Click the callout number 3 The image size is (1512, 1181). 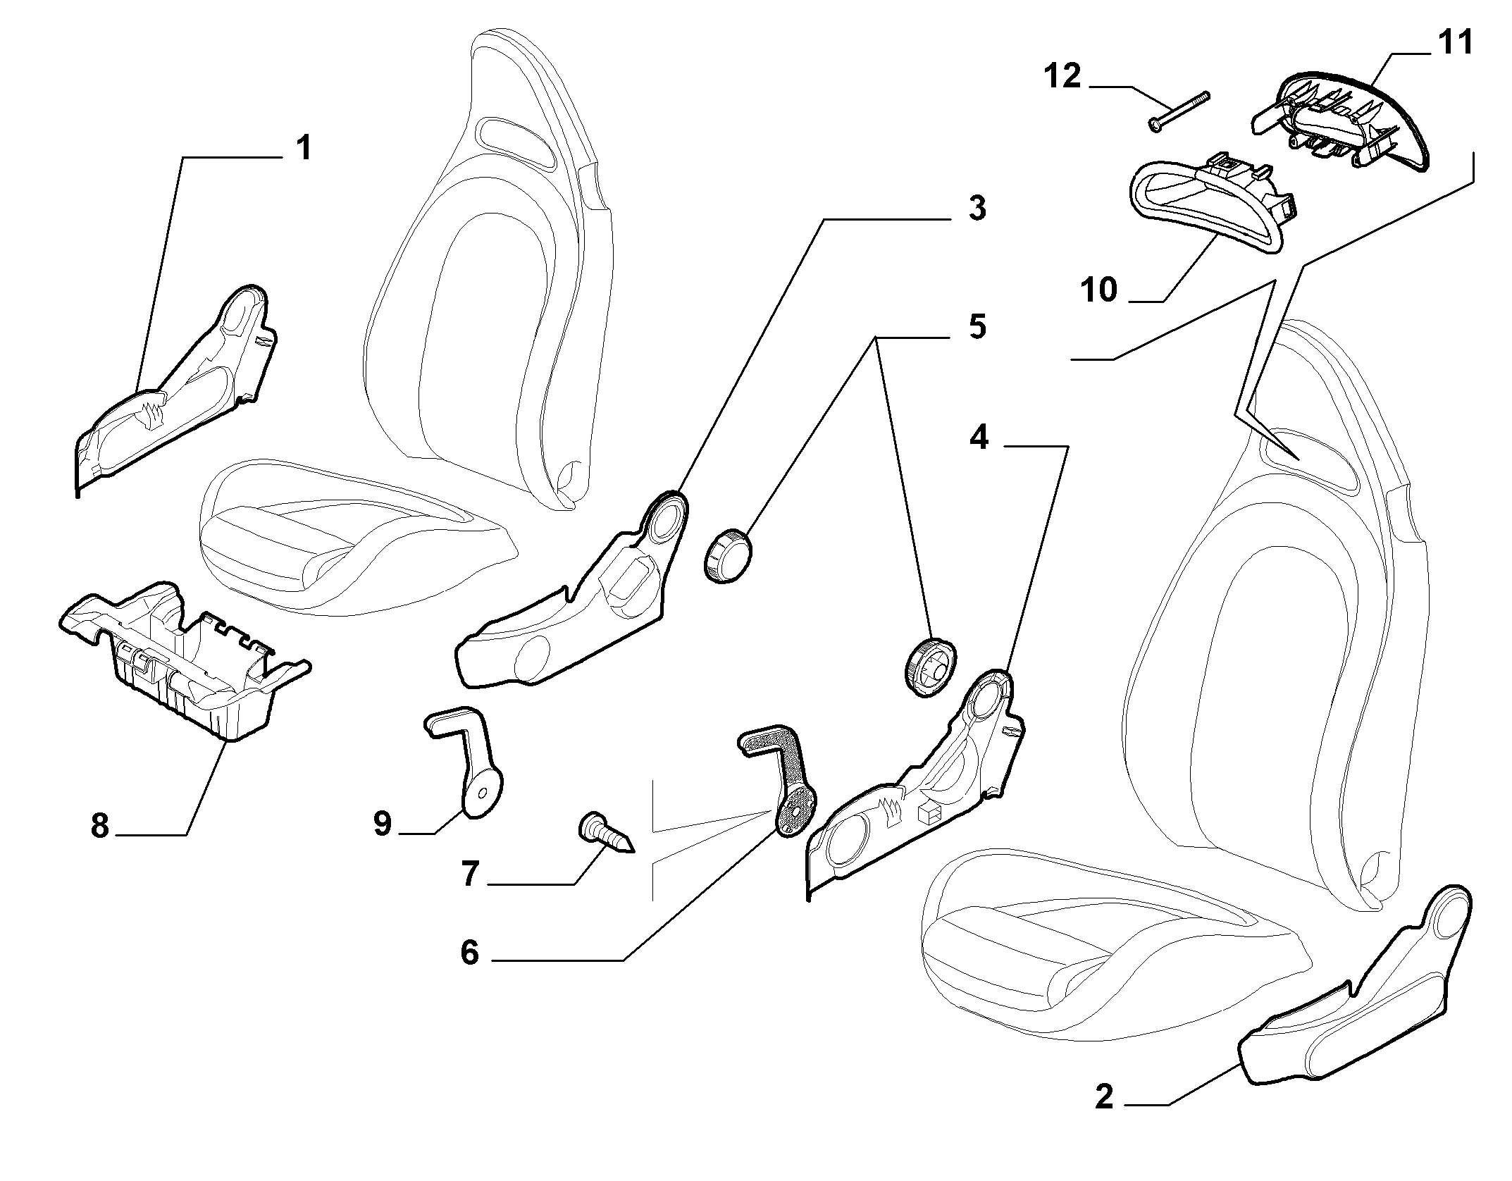977,209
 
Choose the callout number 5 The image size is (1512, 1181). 977,327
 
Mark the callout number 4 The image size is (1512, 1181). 979,438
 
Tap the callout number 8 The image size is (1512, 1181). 100,825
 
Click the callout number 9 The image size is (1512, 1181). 383,823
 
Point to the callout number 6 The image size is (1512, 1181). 469,953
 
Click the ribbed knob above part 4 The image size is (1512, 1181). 928,666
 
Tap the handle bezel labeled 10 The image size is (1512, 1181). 1208,206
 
